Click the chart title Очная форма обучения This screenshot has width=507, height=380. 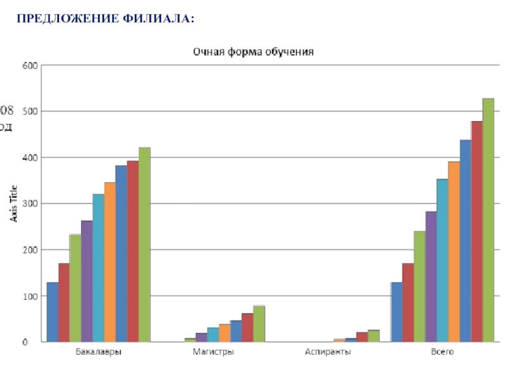pos(253,51)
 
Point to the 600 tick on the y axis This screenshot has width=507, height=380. pos(30,65)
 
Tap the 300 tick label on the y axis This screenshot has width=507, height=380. pos(30,203)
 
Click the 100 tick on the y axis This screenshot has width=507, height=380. pos(30,296)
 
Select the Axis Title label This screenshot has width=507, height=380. pos(13,203)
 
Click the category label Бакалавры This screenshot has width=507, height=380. pos(99,352)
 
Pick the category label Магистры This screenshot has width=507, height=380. pos(213,352)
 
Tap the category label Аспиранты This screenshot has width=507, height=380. pos(328,352)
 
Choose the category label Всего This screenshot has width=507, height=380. pos(442,352)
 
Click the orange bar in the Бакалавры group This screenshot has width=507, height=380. pos(110,262)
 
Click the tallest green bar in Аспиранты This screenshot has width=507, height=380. pos(373,336)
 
